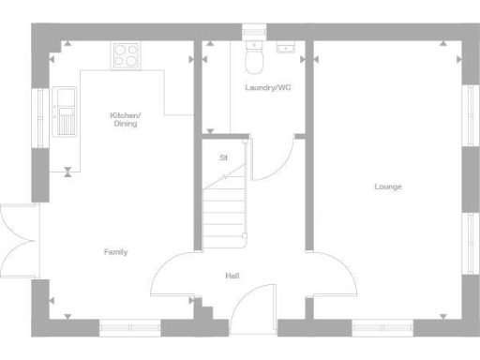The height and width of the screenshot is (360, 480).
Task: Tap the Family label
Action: pos(116,252)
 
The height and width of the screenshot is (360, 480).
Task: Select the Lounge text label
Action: pos(388,187)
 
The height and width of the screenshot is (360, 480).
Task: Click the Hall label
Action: pos(232,276)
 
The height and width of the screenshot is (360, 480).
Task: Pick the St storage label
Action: pos(223,157)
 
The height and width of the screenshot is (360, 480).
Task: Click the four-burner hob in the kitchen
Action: pos(126,55)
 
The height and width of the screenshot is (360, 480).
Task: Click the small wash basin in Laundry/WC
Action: pos(285,47)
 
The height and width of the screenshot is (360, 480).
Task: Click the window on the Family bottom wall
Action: pos(129,328)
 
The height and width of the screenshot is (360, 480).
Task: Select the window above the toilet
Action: pos(253,31)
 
